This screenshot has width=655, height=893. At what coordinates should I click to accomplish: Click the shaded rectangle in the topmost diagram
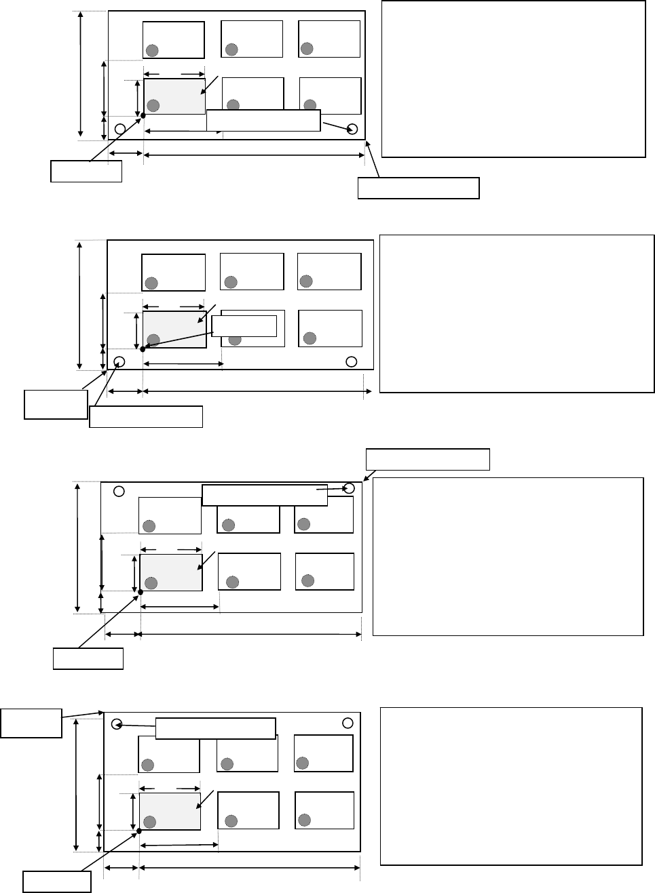coord(174,96)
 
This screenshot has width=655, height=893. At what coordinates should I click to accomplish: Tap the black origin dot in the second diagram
coord(143,349)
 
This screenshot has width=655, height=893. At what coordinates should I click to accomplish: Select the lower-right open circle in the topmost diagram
coord(352,130)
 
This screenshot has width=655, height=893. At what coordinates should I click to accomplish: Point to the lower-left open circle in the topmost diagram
coord(120,129)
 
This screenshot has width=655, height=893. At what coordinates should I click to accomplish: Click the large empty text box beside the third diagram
coord(508,556)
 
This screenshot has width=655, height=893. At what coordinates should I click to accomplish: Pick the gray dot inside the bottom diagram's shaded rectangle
coord(150,822)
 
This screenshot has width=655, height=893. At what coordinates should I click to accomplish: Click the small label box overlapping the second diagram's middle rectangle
coord(245,325)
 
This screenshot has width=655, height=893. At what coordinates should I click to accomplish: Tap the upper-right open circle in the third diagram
coord(350,488)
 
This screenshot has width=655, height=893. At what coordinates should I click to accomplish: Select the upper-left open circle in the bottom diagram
coord(117,723)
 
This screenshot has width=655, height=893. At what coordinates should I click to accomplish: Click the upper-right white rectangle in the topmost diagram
coord(329,39)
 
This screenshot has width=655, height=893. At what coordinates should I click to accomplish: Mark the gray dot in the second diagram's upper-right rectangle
coord(306,280)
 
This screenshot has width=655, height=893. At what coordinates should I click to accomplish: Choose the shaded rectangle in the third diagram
coord(171,572)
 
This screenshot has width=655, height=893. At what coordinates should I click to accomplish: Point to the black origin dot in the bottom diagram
coord(138,831)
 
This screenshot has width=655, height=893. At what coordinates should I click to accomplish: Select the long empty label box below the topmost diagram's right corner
coord(418,188)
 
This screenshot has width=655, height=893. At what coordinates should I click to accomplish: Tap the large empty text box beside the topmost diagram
coord(513,79)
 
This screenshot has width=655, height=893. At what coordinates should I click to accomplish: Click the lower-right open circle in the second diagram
coord(351,361)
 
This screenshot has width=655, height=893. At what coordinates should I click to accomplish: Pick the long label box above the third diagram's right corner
coord(428,459)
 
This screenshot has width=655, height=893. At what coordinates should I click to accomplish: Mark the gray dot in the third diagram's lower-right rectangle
coord(307,580)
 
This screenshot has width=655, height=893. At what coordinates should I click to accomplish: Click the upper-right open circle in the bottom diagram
coord(348,722)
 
